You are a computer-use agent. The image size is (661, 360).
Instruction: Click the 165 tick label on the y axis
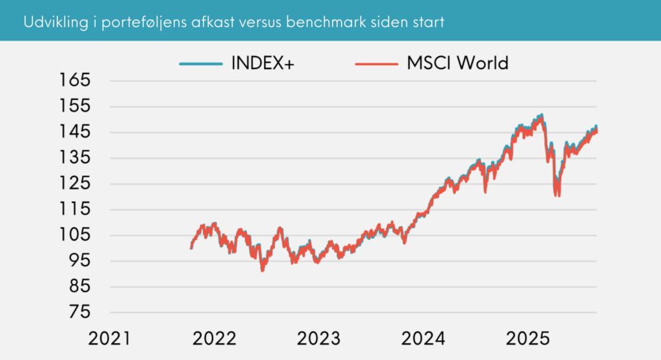(76, 81)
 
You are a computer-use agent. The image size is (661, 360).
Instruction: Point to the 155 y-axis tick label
(76, 107)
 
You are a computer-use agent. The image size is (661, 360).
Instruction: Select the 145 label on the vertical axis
(76, 132)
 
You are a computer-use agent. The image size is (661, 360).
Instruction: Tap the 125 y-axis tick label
(76, 184)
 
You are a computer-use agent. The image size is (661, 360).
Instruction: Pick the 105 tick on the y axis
(76, 235)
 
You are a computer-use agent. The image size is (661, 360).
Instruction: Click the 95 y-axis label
(79, 261)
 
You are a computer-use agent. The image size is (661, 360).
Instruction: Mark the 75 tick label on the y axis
(79, 312)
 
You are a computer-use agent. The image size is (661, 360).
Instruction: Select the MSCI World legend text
(458, 63)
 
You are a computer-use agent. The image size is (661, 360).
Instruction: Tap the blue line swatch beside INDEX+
(201, 64)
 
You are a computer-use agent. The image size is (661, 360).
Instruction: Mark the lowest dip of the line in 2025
(557, 195)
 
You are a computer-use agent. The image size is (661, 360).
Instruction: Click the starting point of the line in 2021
(191, 248)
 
